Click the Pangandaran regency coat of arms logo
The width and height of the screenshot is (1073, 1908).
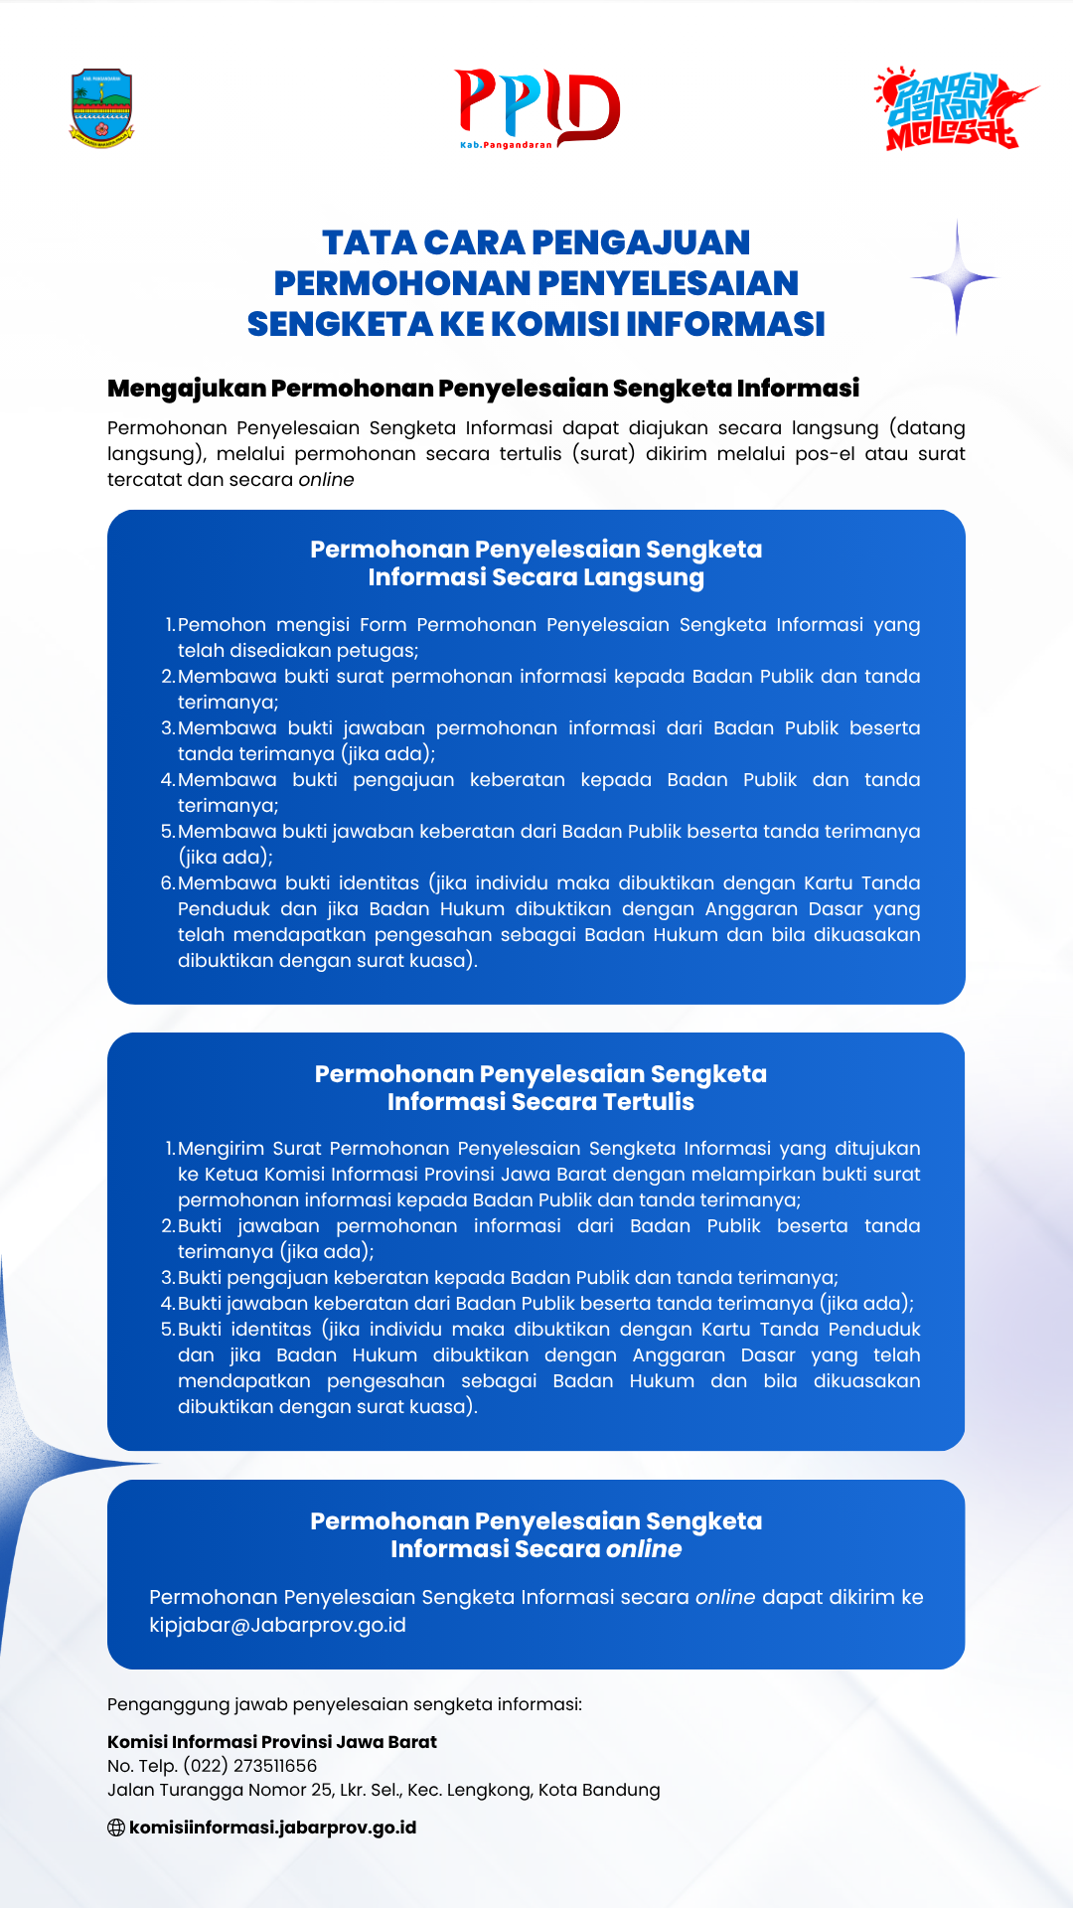coord(101,108)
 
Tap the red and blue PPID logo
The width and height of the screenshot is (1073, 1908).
coord(536,107)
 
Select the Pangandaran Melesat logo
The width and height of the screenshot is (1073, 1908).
coord(954,109)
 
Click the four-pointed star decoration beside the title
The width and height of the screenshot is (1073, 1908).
coord(957,277)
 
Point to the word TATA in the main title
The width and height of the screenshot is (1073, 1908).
coord(368,242)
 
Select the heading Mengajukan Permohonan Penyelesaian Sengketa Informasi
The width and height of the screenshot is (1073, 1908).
coord(483,388)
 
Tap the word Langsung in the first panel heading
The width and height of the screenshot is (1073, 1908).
coord(644,577)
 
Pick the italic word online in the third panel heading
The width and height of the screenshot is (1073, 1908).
coord(644,1549)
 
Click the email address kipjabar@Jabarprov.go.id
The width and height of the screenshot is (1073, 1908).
coord(277,1625)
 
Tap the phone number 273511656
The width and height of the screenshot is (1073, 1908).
coord(275,1766)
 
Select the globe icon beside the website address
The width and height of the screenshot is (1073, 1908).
coord(116,1828)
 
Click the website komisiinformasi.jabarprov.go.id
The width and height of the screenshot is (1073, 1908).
coord(272,1828)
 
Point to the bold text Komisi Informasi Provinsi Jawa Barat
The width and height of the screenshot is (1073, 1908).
coord(272,1742)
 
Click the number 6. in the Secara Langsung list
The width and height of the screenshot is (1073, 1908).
coord(168,883)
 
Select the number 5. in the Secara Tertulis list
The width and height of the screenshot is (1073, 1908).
coord(168,1330)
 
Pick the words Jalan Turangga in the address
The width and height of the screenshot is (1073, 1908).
coord(167,1790)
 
